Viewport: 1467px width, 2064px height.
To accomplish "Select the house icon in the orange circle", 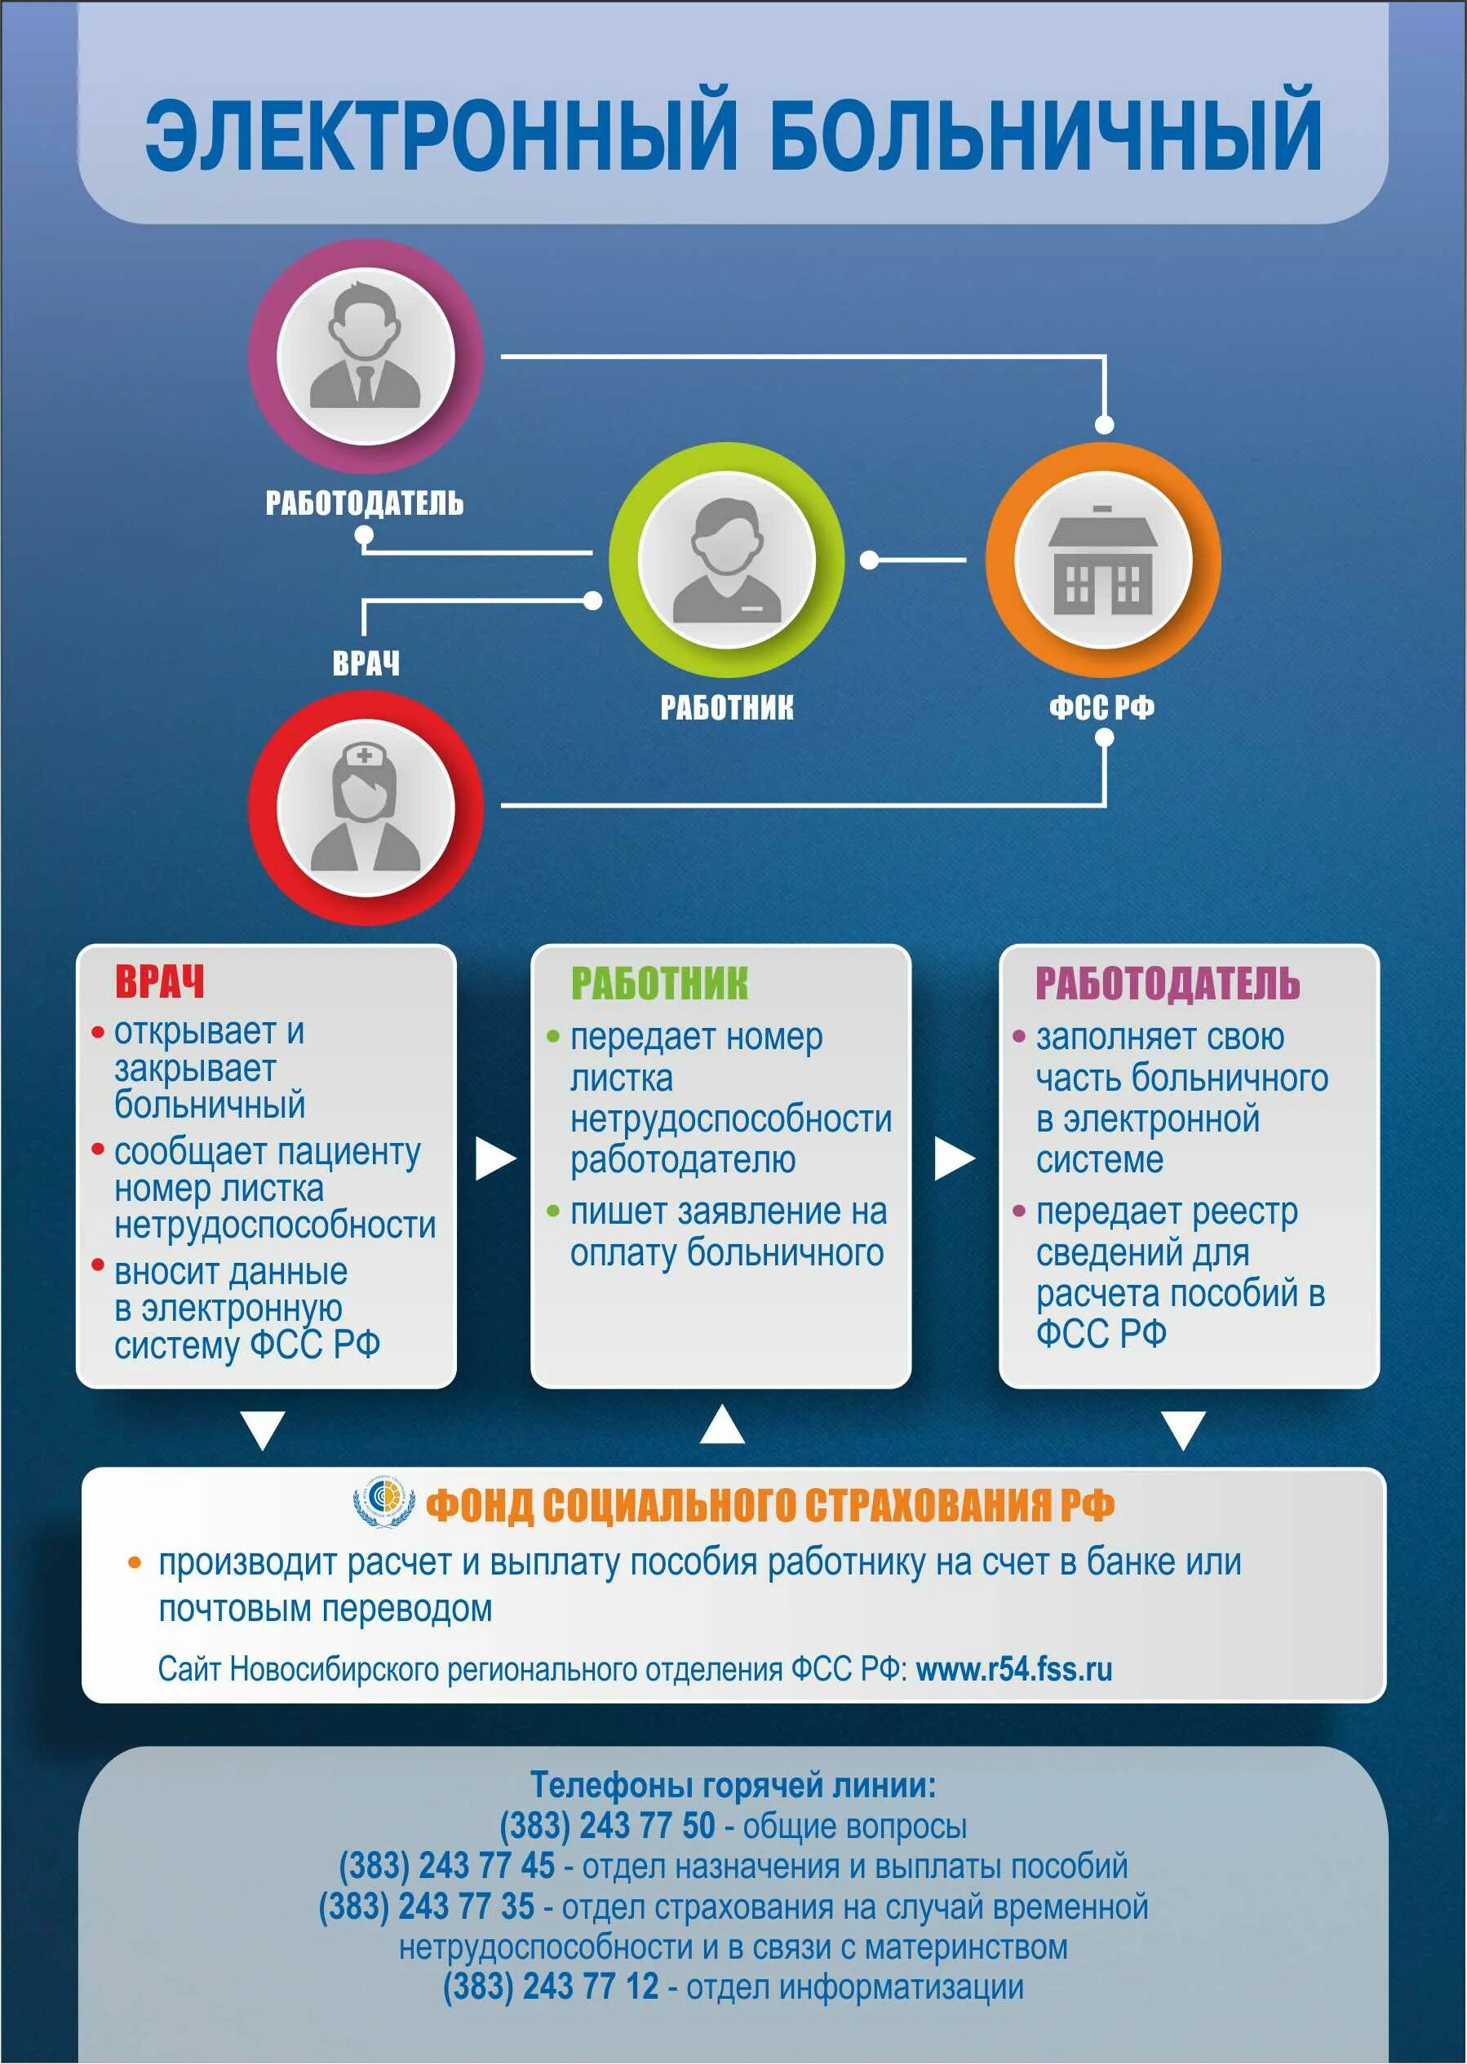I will (x=1102, y=559).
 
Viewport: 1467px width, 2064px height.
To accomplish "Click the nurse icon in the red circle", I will (x=365, y=808).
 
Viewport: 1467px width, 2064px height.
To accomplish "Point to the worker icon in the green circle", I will (x=726, y=560).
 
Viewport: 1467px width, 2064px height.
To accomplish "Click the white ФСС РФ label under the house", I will (x=1101, y=706).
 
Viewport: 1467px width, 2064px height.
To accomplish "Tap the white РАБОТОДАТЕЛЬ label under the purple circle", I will (x=364, y=503).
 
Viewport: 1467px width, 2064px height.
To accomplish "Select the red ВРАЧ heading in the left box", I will (x=159, y=982).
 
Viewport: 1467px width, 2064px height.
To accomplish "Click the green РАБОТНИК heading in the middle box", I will (x=659, y=984).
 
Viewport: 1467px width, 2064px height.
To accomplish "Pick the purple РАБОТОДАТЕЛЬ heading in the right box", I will (x=1167, y=984).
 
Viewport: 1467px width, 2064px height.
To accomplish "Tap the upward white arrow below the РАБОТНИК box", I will (x=722, y=1424).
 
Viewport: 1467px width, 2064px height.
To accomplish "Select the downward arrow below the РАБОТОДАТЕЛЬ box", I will (x=1182, y=1431).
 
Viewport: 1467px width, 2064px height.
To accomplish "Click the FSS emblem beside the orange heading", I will (x=384, y=1501).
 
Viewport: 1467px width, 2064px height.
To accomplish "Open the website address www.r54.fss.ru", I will (x=1013, y=1668).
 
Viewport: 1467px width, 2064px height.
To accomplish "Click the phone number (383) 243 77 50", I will (x=607, y=1826).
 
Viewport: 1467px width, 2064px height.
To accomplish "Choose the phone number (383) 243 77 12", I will (x=550, y=1987).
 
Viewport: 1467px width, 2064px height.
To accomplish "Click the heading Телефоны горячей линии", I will (x=733, y=1785).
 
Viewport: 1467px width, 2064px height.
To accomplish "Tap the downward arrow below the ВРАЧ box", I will (x=262, y=1431).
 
